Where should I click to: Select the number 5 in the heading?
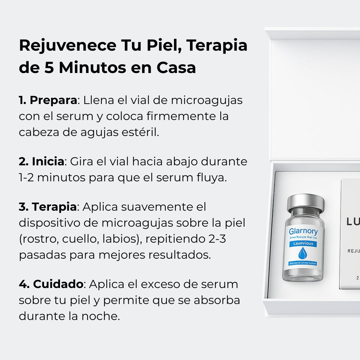click(x=49, y=68)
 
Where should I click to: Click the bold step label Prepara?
click(x=53, y=100)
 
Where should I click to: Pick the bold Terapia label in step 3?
click(x=54, y=207)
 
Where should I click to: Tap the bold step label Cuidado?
click(x=58, y=284)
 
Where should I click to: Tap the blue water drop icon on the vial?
click(x=303, y=253)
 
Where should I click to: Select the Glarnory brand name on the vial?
click(x=303, y=231)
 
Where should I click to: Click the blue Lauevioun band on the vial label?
click(x=303, y=244)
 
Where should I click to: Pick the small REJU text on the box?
click(x=353, y=251)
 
